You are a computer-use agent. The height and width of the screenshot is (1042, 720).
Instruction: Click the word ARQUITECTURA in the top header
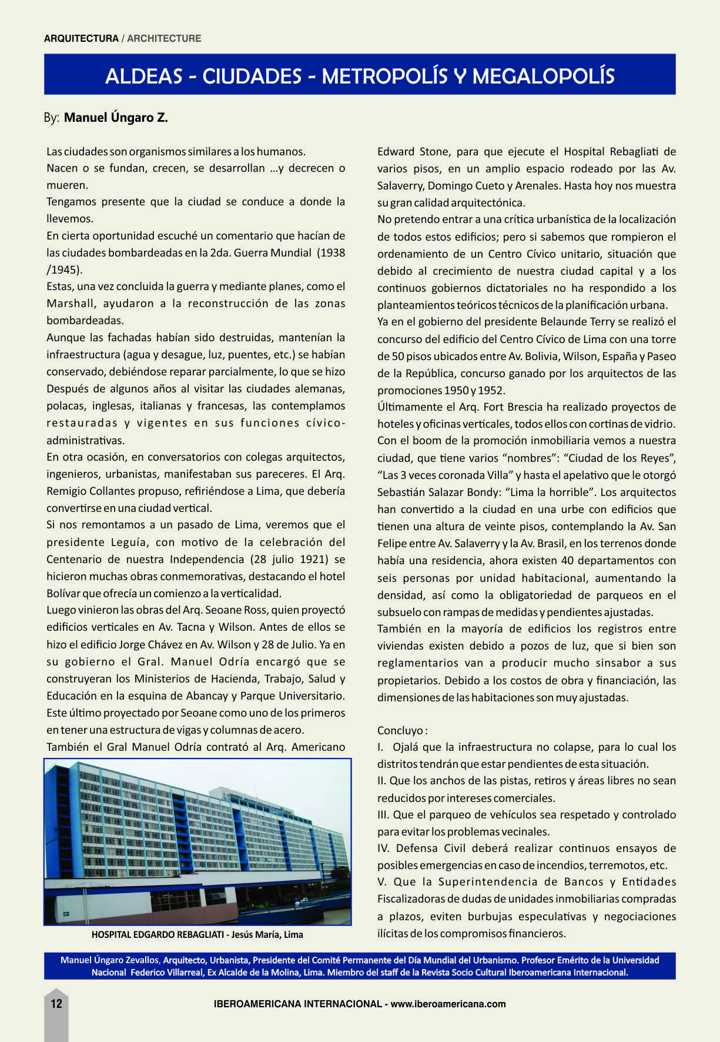coord(81,39)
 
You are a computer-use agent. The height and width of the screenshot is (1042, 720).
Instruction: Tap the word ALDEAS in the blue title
coord(143,76)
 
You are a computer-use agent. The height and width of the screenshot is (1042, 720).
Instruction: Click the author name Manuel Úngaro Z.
coord(116,118)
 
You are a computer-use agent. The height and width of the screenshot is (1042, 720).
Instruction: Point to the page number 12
coord(56,1004)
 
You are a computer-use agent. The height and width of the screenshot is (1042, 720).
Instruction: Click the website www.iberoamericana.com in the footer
coord(448,1004)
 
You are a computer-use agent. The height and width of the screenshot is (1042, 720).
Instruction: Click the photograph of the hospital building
coord(197,841)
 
